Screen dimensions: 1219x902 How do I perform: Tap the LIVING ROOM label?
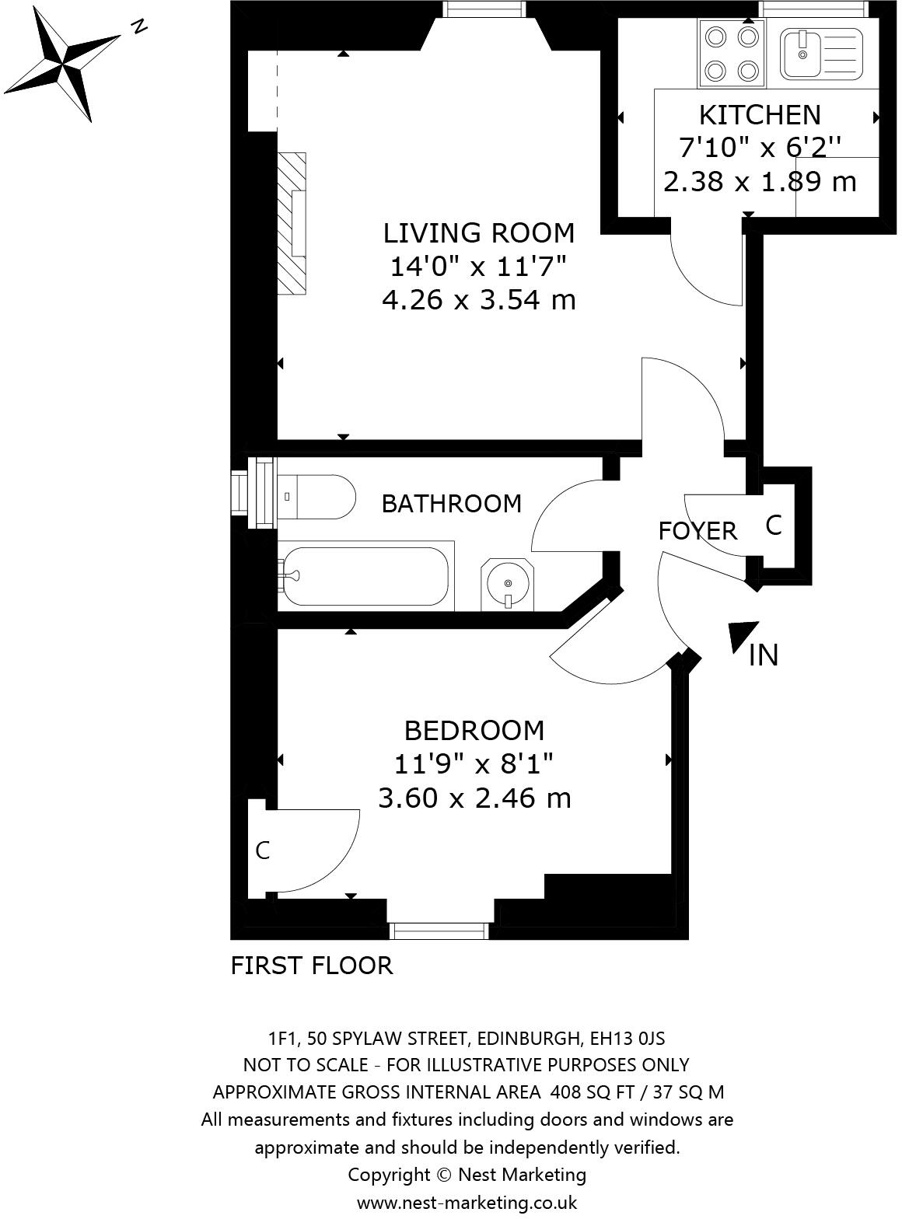(x=478, y=232)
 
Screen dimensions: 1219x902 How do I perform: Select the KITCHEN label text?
(x=759, y=115)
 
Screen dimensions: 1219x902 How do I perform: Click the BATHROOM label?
(x=451, y=504)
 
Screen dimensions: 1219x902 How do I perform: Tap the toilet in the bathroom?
(x=315, y=498)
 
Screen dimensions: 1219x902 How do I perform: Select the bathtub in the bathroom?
(x=364, y=576)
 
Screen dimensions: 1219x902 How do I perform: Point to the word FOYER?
(x=697, y=531)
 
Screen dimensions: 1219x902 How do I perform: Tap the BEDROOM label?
(x=474, y=731)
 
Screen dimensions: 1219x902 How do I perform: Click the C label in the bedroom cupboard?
(x=263, y=851)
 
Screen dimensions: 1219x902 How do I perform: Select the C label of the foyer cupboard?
(x=773, y=526)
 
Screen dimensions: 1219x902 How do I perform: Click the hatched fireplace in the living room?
(x=292, y=223)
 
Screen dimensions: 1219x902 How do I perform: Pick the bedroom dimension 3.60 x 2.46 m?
(x=474, y=798)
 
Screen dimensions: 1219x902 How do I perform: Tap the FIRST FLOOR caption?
(x=312, y=966)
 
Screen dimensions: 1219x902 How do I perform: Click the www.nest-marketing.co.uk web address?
(x=467, y=1202)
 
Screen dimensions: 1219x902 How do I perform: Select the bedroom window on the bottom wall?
(x=439, y=930)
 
